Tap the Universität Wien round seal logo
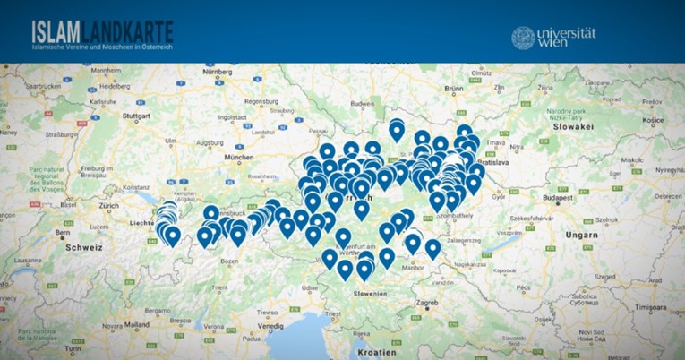pyautogui.click(x=523, y=38)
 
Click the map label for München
pyautogui.click(x=240, y=157)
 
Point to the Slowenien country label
pyautogui.click(x=369, y=293)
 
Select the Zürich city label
pyautogui.click(x=109, y=205)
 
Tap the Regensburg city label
pyautogui.click(x=263, y=101)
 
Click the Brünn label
pyautogui.click(x=455, y=89)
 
